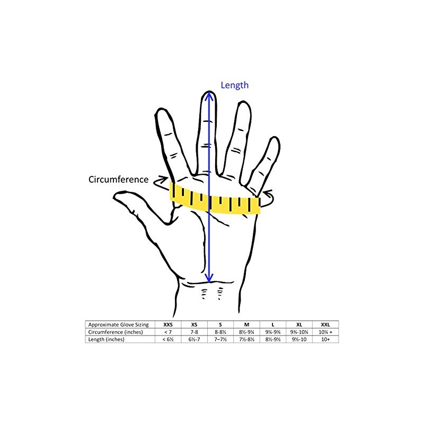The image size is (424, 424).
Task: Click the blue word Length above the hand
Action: tap(234, 85)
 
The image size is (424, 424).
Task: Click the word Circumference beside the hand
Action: tap(118, 179)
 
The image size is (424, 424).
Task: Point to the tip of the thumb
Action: tap(114, 197)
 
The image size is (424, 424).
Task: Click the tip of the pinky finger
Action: tap(275, 137)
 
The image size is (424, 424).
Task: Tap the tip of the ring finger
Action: tap(244, 102)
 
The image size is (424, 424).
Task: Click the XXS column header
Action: tap(168, 324)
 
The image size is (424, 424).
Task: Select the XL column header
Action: tap(299, 324)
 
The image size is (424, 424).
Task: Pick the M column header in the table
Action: tap(246, 324)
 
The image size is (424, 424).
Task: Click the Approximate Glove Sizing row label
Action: tap(118, 324)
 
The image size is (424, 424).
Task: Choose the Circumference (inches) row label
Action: tap(116, 332)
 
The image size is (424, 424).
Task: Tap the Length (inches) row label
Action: tap(107, 339)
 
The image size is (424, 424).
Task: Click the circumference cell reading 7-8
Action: tap(194, 332)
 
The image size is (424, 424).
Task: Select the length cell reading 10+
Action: tap(325, 339)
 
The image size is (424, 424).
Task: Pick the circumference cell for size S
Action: tap(220, 332)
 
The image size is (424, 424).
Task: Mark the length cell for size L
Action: tap(273, 339)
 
